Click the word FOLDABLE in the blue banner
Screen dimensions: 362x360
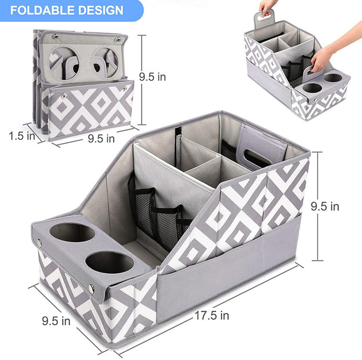point(42,11)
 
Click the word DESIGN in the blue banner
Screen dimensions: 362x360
point(101,11)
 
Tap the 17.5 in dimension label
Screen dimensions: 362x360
point(212,316)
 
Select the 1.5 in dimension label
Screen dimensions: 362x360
point(22,136)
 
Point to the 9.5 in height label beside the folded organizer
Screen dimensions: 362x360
point(153,77)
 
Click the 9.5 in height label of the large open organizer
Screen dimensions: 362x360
point(325,206)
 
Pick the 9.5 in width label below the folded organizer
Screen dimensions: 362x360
point(101,139)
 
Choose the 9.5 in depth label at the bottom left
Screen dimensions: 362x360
point(56,321)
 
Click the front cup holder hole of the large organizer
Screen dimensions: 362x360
point(110,263)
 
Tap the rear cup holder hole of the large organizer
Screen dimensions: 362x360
point(72,232)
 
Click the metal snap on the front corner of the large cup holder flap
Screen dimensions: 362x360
point(91,289)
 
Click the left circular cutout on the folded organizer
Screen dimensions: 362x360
point(64,63)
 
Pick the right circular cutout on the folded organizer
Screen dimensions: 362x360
point(106,62)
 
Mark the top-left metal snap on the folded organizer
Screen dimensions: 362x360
point(56,36)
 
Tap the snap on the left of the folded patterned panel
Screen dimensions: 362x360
point(64,95)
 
